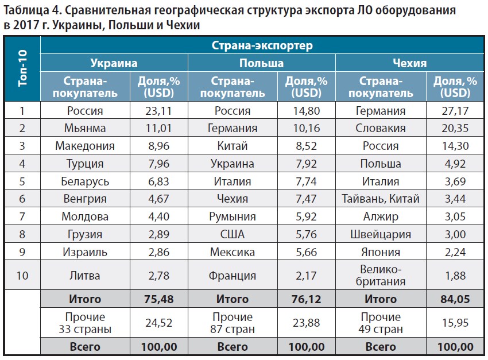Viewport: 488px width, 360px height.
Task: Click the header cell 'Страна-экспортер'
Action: coord(262,45)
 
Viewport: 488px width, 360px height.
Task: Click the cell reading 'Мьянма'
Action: coord(85,129)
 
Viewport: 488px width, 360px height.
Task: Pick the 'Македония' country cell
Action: coord(85,146)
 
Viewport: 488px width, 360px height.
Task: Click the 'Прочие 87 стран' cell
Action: coord(233,323)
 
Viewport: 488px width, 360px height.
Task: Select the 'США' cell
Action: coord(233,234)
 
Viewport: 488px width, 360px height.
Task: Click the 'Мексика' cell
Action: coord(233,251)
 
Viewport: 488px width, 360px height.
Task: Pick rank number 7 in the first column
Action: coord(22,216)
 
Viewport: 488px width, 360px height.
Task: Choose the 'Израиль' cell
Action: coord(85,251)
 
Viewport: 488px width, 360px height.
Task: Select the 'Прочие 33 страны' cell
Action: coord(85,323)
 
